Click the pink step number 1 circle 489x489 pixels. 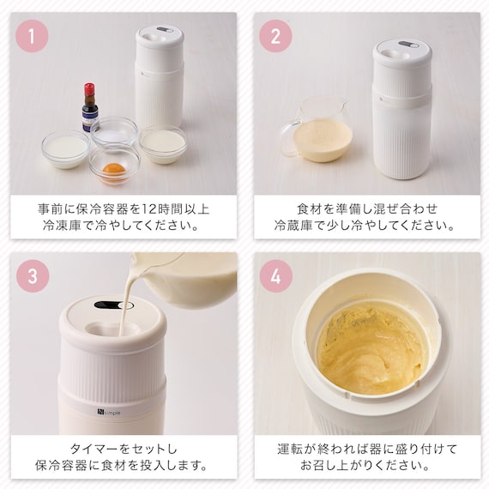32,36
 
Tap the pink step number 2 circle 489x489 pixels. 275,36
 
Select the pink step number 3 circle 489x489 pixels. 33,276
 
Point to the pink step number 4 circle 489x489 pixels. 276,276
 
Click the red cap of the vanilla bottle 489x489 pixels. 89,89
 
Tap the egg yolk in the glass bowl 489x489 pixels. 113,170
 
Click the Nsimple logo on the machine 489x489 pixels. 108,413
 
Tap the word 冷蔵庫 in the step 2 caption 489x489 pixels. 293,225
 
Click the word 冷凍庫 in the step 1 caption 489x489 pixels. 62,225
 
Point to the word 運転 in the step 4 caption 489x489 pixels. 289,449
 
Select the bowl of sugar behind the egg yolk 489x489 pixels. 114,132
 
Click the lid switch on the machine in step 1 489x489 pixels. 165,30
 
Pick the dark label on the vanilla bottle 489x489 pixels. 90,116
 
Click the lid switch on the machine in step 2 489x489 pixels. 408,45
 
